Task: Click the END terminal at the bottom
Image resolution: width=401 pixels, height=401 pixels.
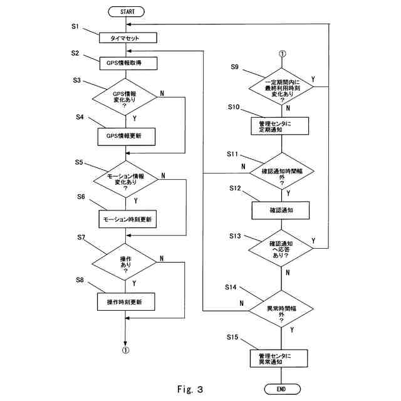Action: pyautogui.click(x=281, y=388)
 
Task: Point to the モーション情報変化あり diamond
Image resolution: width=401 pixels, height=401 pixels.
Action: pyautogui.click(x=125, y=180)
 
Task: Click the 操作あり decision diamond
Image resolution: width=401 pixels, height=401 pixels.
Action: pyautogui.click(x=125, y=263)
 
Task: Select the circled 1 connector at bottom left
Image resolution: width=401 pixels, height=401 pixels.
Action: pyautogui.click(x=126, y=351)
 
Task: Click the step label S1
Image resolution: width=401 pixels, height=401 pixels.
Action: pyautogui.click(x=75, y=27)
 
